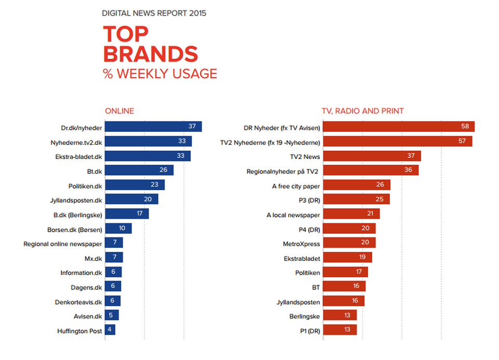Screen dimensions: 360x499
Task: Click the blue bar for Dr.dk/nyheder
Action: click(153, 127)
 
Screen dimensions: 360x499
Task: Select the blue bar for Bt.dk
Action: click(139, 170)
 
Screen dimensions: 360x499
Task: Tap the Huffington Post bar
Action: click(110, 330)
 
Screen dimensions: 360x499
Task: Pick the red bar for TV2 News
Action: click(372, 156)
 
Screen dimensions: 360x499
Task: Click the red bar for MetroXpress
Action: click(349, 243)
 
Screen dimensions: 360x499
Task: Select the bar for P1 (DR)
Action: click(340, 330)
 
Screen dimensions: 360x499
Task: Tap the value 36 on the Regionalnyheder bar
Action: click(409, 170)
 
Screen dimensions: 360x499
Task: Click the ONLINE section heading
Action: click(120, 111)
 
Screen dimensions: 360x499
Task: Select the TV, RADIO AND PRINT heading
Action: click(363, 111)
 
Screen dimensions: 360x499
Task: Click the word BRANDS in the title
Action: click(151, 55)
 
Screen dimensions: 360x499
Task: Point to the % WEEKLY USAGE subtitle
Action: click(160, 74)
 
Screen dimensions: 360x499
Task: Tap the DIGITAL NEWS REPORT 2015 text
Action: click(154, 13)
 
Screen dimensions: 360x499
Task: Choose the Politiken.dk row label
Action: click(85, 185)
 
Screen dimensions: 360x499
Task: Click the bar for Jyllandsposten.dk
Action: click(132, 199)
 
